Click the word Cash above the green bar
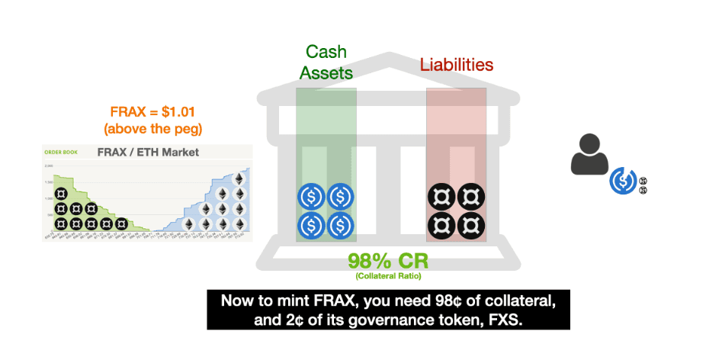point(326,52)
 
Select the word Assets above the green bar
point(326,72)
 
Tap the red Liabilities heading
point(457,64)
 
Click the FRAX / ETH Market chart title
point(148,152)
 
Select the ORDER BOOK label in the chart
point(59,151)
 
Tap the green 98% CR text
point(388,261)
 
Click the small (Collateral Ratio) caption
point(387,275)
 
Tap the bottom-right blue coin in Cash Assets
point(341,226)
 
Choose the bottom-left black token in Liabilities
point(441,226)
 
